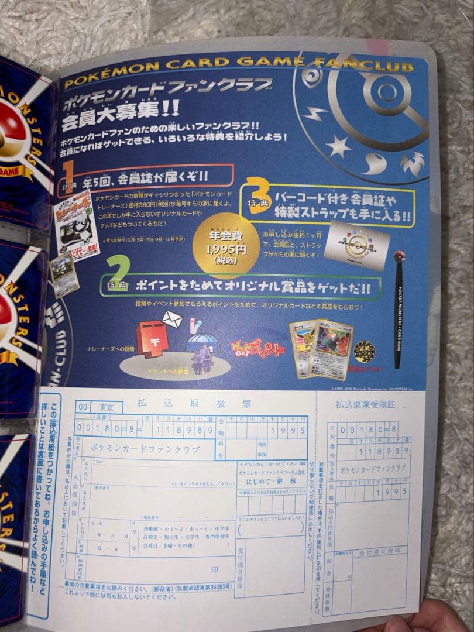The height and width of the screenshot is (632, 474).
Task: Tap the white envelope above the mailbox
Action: [171, 319]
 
